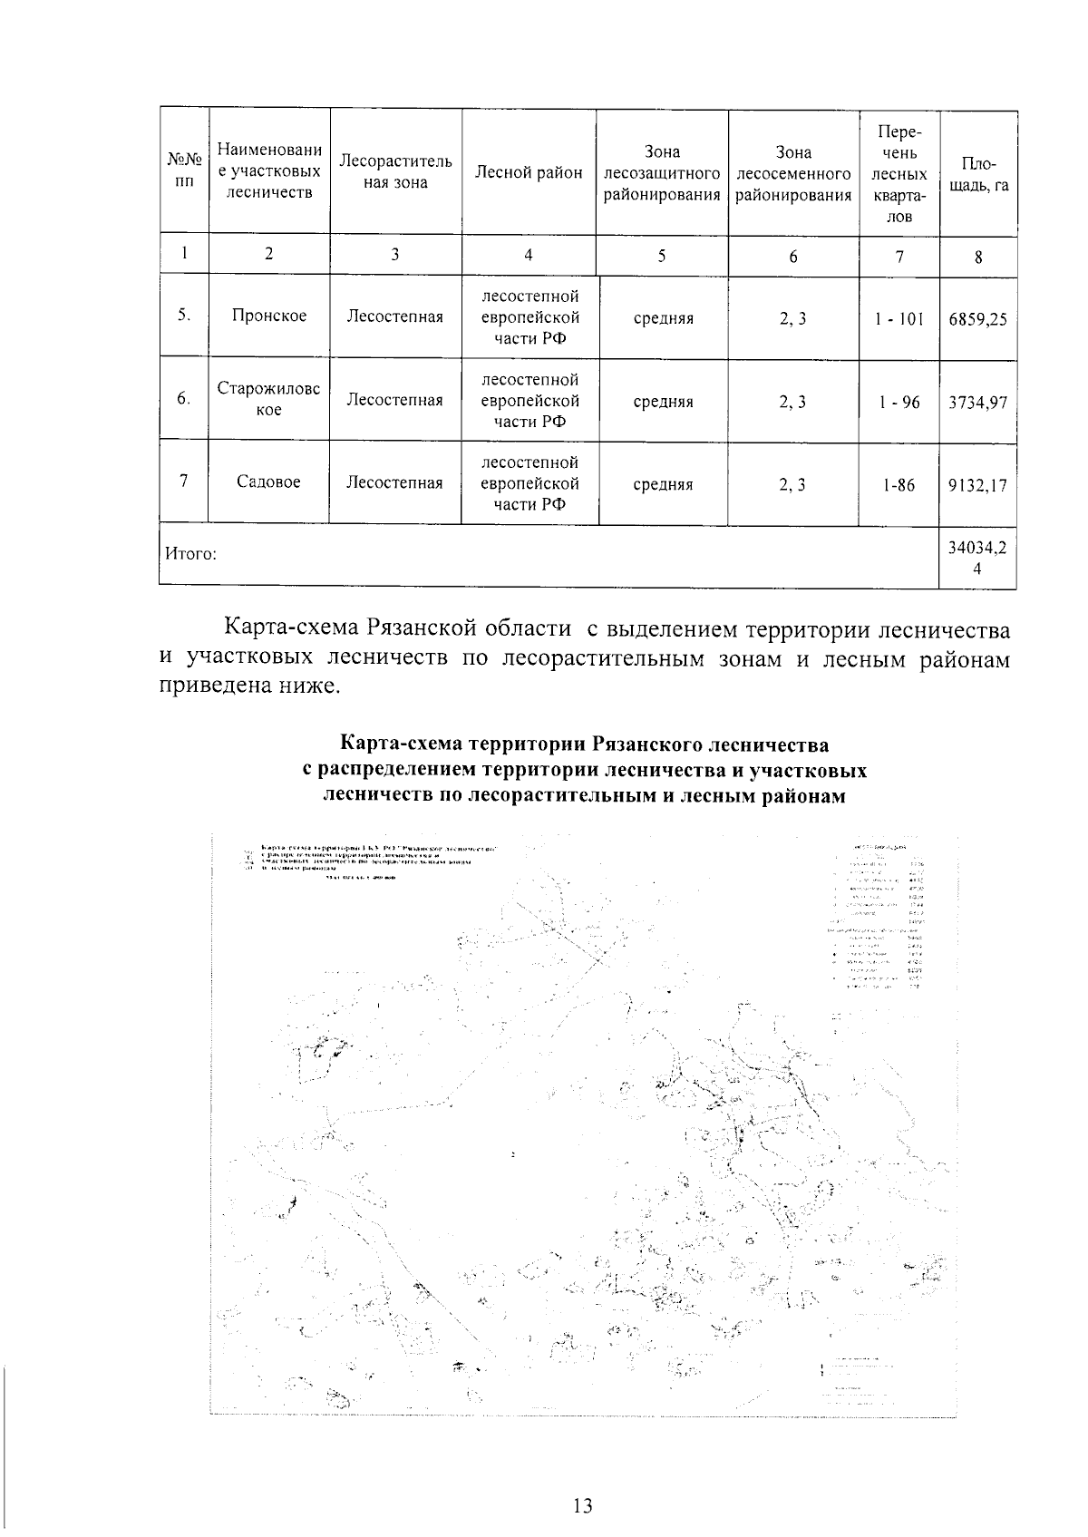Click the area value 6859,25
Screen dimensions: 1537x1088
[x=977, y=319]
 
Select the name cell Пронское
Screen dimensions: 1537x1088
[x=268, y=316]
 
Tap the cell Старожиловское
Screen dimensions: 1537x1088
[x=268, y=400]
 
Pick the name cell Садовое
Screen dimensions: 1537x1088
[x=268, y=482]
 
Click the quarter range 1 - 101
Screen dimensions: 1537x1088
[x=899, y=319]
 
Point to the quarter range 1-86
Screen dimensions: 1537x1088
[x=899, y=485]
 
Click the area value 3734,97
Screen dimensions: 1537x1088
[x=977, y=403]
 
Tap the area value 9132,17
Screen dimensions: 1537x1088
[x=977, y=485]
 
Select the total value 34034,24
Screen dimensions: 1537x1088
[x=977, y=559]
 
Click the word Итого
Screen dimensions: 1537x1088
[x=189, y=553]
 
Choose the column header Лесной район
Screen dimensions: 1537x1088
[x=529, y=172]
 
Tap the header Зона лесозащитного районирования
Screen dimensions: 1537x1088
[x=662, y=172]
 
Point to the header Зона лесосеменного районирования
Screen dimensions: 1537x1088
[x=793, y=172]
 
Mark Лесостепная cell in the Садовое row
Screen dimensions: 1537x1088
[x=394, y=483]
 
